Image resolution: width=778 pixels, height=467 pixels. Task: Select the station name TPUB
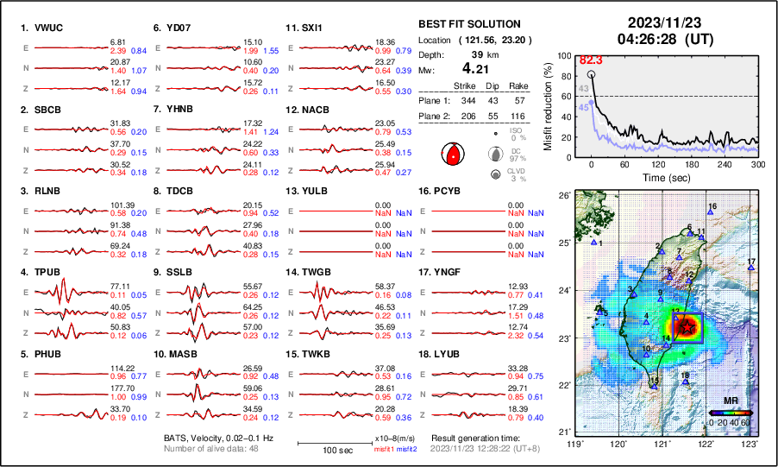click(48, 272)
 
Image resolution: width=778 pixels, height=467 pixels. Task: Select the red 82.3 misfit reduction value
click(590, 60)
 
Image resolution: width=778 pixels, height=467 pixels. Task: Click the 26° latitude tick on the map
click(562, 197)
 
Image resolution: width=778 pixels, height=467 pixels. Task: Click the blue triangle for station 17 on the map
click(751, 268)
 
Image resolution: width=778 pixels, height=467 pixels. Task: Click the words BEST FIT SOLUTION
click(468, 24)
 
